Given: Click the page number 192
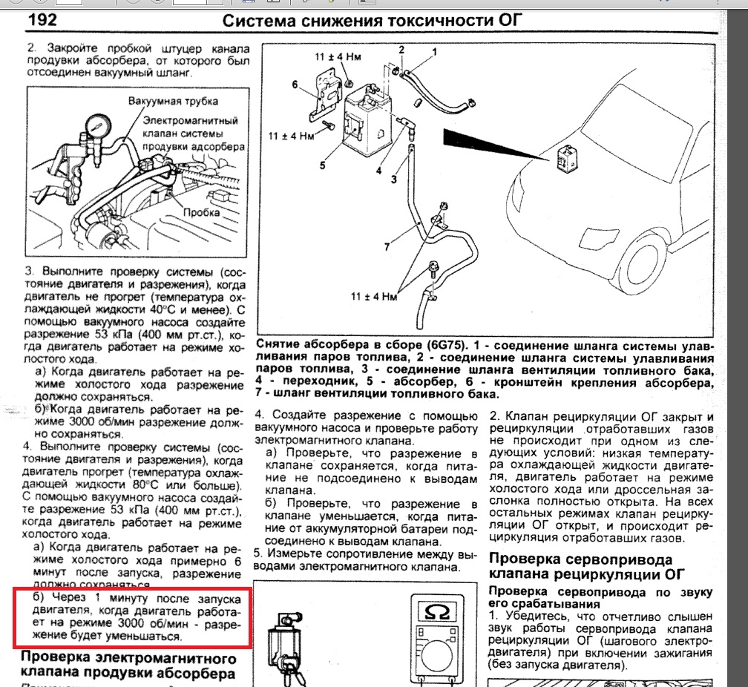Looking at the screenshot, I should (43, 20).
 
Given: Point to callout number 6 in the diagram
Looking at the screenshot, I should (295, 85).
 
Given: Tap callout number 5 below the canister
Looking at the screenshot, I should (323, 165).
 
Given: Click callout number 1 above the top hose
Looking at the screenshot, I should (435, 51).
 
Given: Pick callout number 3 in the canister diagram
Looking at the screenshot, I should (395, 179).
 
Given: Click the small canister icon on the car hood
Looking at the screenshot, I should (565, 157).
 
